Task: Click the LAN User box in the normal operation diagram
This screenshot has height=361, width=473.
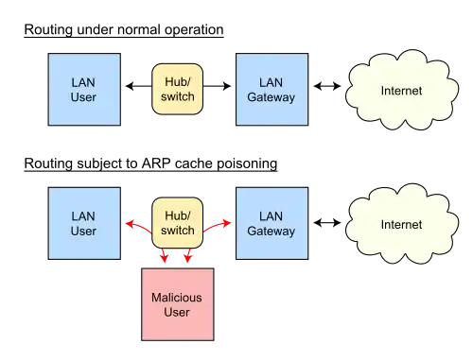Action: tap(84, 90)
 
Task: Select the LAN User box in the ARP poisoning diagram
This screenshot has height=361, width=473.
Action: tap(84, 223)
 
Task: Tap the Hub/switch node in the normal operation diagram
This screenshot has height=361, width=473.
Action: tap(177, 89)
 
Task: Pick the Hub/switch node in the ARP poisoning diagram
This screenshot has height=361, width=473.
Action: tap(177, 223)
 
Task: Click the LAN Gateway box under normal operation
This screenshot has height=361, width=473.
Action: tap(272, 90)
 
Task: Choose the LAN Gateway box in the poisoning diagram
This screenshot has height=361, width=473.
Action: tap(272, 223)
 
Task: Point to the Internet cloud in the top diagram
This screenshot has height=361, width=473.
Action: tap(402, 90)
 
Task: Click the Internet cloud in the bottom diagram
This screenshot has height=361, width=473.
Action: tap(402, 224)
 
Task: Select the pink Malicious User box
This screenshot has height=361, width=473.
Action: tap(178, 304)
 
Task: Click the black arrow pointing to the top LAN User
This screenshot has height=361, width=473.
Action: tap(139, 86)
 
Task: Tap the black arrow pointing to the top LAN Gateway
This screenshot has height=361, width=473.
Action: tap(217, 86)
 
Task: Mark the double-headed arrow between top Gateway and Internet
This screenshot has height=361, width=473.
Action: tap(327, 86)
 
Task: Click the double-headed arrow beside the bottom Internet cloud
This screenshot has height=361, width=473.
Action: tap(327, 223)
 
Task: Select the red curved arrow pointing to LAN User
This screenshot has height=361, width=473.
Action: tap(139, 226)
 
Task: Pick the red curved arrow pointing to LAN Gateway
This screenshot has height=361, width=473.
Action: tap(217, 226)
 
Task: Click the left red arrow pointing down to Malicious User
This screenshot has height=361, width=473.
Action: tap(164, 255)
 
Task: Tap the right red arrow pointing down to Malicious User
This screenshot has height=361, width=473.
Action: tap(188, 255)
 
